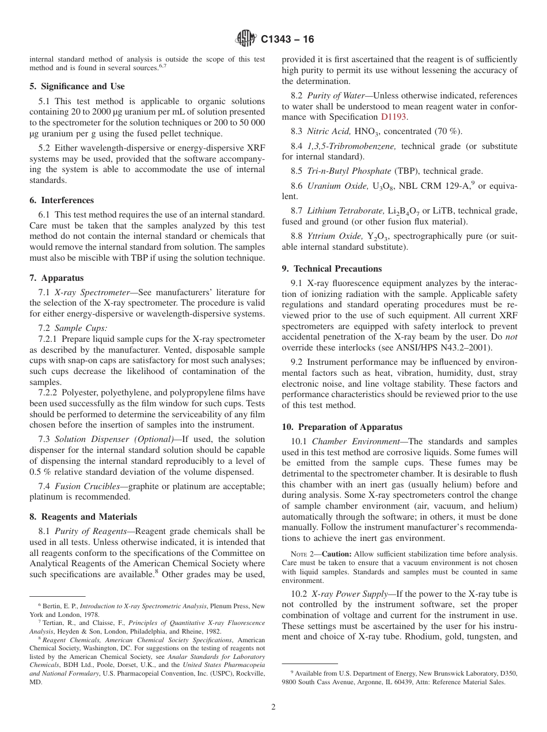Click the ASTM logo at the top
(x=246, y=39)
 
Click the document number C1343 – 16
(x=287, y=40)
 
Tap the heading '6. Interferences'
(x=62, y=200)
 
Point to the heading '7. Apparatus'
(x=56, y=278)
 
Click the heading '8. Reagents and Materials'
(x=83, y=517)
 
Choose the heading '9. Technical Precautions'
(x=332, y=269)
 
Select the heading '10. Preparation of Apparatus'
(x=342, y=427)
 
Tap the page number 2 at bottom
(x=273, y=707)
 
